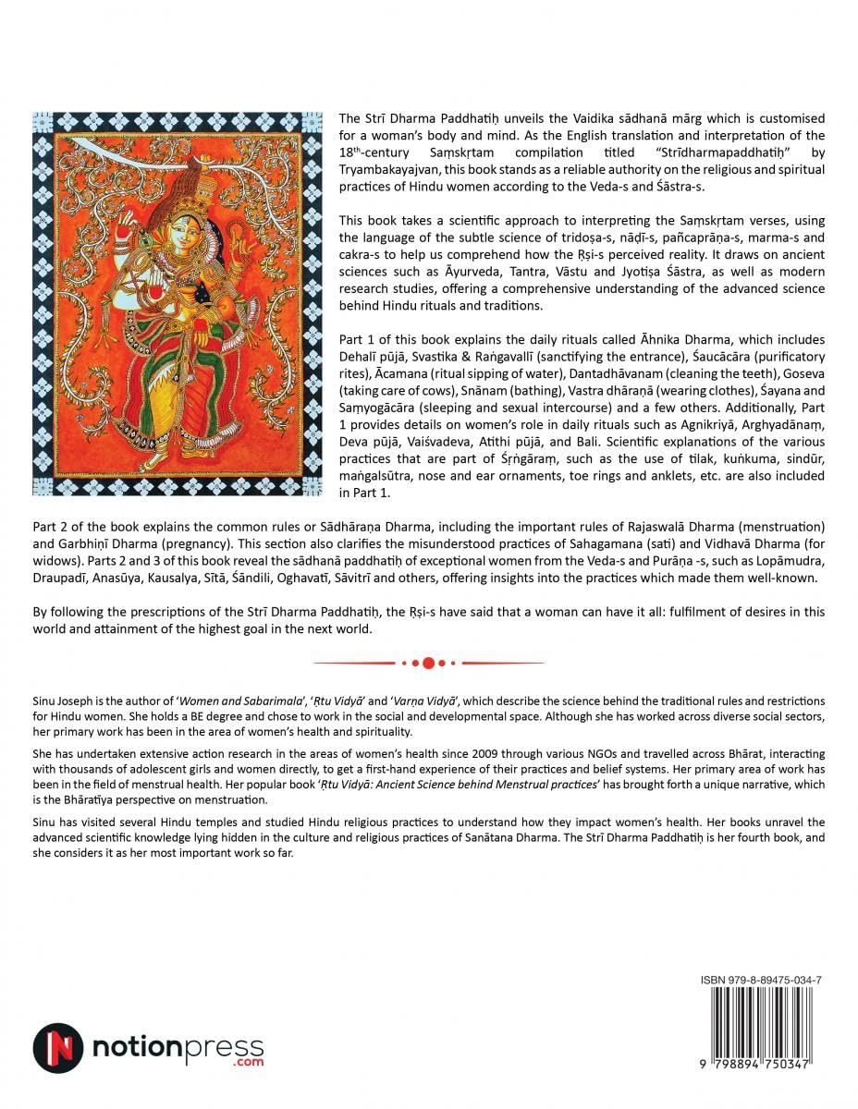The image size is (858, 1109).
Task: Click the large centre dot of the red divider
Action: point(429,663)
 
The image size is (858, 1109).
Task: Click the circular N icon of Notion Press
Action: point(57,1048)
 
